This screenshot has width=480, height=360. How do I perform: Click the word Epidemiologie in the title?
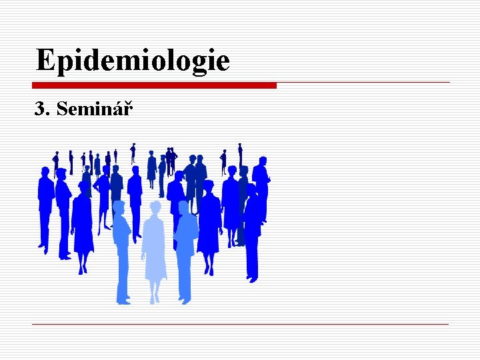click(x=133, y=60)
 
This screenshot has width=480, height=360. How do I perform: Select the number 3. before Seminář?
click(x=43, y=108)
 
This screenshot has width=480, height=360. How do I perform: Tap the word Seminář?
click(x=95, y=108)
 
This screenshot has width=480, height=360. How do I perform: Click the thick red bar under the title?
click(x=154, y=85)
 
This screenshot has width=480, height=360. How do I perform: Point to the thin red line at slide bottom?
click(x=240, y=325)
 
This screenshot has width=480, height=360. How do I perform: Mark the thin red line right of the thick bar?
click(x=363, y=83)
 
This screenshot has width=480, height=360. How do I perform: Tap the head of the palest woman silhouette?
click(x=155, y=208)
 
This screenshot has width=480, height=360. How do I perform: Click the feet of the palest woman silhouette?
click(x=155, y=298)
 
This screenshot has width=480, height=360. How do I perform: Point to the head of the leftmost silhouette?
click(x=45, y=172)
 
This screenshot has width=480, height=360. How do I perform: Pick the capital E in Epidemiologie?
click(x=46, y=60)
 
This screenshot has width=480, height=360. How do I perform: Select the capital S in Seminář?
click(x=63, y=108)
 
